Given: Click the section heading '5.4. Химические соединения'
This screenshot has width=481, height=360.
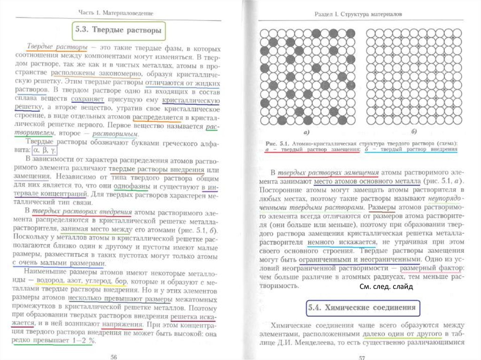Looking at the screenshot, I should pyautogui.click(x=362, y=308).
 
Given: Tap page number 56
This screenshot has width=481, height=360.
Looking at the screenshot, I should pyautogui.click(x=113, y=356).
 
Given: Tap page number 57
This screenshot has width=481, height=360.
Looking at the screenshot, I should pyautogui.click(x=362, y=357).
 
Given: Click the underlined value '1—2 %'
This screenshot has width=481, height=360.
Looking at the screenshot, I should pyautogui.click(x=80, y=341).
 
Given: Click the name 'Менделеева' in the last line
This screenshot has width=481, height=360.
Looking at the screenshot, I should pyautogui.click(x=310, y=343).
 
